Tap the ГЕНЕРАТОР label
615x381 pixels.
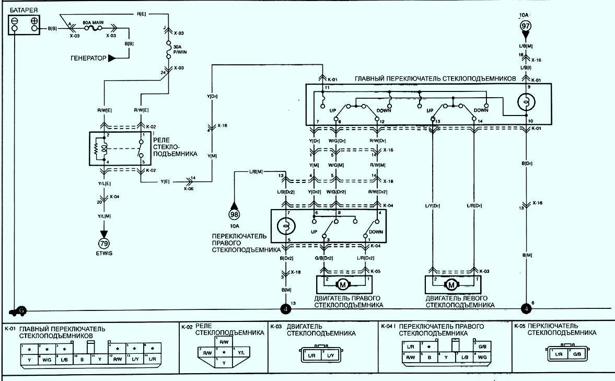click(88, 58)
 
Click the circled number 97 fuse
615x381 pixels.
click(525, 25)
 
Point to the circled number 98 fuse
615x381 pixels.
click(234, 213)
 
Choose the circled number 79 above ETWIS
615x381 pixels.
click(103, 244)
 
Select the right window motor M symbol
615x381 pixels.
click(343, 284)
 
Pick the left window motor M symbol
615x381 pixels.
click(451, 284)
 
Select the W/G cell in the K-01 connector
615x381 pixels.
click(46, 360)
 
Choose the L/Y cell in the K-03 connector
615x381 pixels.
click(331, 355)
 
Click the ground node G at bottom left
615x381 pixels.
click(21, 310)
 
